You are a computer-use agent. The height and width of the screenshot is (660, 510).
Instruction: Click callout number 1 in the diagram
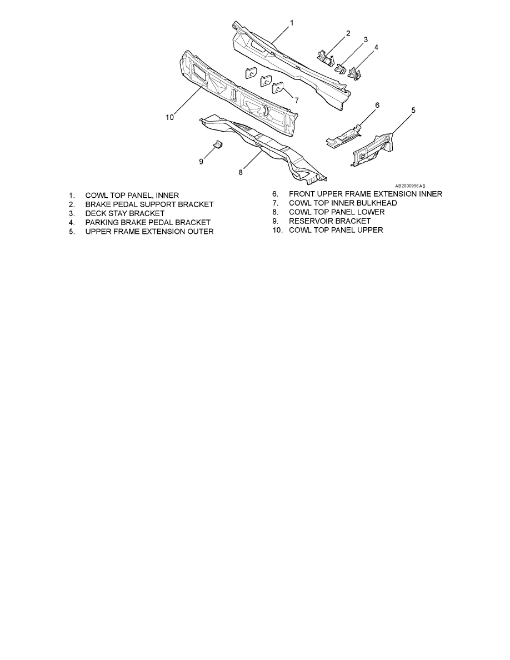coord(292,22)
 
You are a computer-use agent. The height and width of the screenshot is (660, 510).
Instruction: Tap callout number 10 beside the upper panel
coord(169,117)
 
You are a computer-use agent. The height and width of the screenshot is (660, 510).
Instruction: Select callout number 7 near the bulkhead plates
coord(297,100)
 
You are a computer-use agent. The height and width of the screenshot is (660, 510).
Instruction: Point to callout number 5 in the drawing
coord(413,111)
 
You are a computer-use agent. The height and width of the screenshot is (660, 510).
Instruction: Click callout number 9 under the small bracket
coord(201,161)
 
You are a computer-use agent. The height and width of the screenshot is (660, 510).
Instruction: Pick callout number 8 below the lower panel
coord(241,172)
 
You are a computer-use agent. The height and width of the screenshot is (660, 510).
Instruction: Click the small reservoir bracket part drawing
coord(218,144)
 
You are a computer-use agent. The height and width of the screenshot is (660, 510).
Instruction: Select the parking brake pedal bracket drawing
coord(354,73)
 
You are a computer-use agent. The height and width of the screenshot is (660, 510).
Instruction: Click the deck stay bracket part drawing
coord(340,68)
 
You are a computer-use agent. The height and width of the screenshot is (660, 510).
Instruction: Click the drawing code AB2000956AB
coord(410,186)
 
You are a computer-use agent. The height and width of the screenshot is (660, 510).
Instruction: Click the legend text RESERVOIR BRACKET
coord(330,221)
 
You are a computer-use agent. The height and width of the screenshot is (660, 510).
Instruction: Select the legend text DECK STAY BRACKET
coord(125,213)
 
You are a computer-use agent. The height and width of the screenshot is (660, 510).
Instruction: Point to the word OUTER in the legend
coord(199,232)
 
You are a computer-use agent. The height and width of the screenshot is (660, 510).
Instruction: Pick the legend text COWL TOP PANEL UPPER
coord(336,230)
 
